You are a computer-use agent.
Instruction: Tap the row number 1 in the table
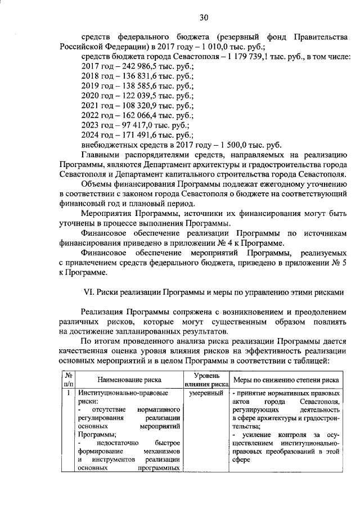(x=68, y=393)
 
